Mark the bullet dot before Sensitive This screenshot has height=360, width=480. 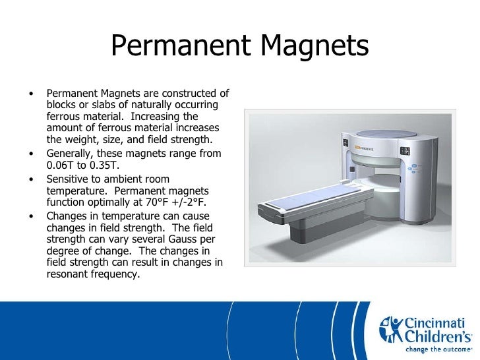(x=32, y=179)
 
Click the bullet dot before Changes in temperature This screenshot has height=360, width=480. (x=32, y=216)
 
